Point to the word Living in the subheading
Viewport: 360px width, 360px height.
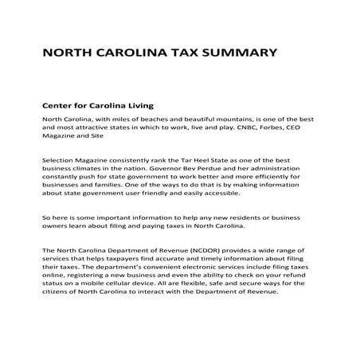click(135, 104)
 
